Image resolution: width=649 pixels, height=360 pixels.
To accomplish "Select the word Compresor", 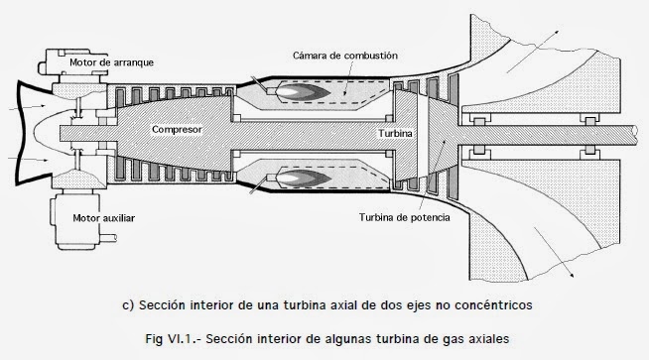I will click(x=178, y=129).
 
